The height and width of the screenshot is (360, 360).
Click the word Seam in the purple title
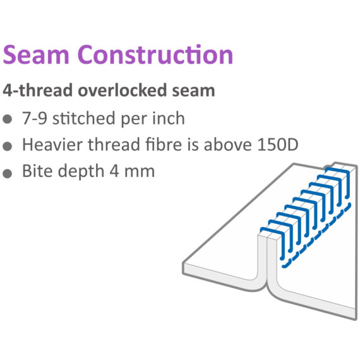(36, 54)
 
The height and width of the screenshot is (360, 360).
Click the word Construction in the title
(155, 54)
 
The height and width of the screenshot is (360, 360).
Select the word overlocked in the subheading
(123, 90)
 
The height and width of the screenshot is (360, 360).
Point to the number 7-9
(35, 118)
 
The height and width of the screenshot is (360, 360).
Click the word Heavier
(52, 145)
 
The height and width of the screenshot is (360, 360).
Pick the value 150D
(278, 145)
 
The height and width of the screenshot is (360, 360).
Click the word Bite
(37, 171)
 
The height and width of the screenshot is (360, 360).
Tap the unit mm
(140, 172)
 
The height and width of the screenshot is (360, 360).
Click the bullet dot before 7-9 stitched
(8, 119)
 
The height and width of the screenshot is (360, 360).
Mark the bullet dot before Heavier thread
(8, 147)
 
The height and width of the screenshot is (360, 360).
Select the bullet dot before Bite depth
(8, 173)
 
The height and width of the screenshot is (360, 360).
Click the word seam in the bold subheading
(193, 91)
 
